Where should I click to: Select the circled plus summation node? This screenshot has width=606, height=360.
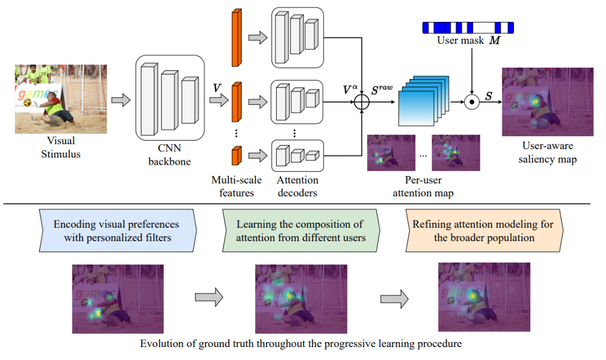[x=361, y=102]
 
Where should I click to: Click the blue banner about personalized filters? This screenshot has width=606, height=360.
[x=117, y=230]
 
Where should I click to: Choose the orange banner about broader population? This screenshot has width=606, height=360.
[x=483, y=230]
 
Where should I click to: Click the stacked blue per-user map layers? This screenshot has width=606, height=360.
[x=424, y=100]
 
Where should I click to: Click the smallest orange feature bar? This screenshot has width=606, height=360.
[x=236, y=155]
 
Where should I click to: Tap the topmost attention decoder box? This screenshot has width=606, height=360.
[x=297, y=38]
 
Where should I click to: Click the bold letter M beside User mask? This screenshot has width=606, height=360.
[x=494, y=41]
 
